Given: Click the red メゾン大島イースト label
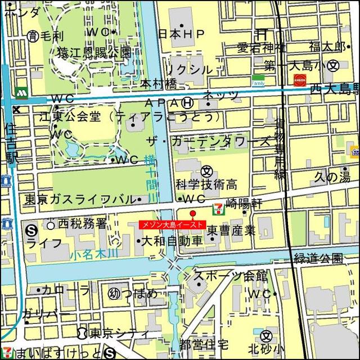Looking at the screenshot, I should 172,224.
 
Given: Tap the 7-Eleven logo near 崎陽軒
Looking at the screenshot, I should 216,209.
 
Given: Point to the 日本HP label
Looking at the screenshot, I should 181,34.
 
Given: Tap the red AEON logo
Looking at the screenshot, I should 299,80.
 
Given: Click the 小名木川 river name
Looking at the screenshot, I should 94,254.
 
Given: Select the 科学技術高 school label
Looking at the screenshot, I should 205,184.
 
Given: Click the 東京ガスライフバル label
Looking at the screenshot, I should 79,200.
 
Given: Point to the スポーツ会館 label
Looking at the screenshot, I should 230,276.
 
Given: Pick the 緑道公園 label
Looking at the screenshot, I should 318,258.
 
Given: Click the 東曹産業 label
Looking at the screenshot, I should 231,230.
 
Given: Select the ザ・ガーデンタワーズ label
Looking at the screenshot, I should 208,141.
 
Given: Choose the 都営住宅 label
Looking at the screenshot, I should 204,344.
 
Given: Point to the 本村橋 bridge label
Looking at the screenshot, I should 158,84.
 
